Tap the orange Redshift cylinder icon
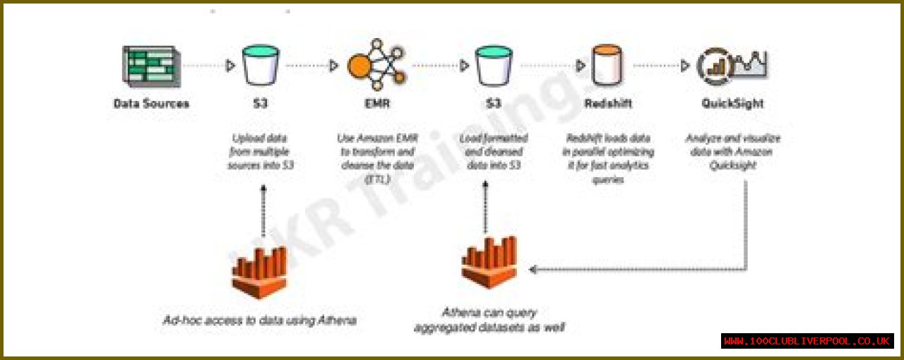pos(609,65)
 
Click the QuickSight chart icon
pos(732,65)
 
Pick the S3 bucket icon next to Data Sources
pos(261,65)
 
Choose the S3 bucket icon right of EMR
pos(494,65)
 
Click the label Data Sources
pos(151,104)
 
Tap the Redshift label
pos(609,104)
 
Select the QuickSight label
pos(732,104)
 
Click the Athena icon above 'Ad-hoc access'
pos(260,272)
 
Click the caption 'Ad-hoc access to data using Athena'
pos(259,320)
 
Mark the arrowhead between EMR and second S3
pos(464,66)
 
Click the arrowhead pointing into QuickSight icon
pos(684,66)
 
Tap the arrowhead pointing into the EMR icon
pos(334,66)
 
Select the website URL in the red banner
pos(807,341)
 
